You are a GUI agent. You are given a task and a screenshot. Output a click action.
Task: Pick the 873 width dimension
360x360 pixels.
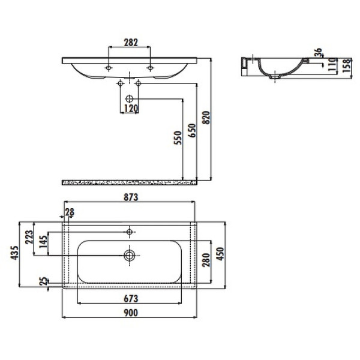(131, 199)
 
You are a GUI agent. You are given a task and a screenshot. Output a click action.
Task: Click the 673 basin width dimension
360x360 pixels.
(131, 298)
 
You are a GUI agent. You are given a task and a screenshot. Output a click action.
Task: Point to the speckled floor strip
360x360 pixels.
(129, 180)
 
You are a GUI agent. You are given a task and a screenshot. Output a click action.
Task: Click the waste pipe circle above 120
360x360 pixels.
(129, 98)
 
